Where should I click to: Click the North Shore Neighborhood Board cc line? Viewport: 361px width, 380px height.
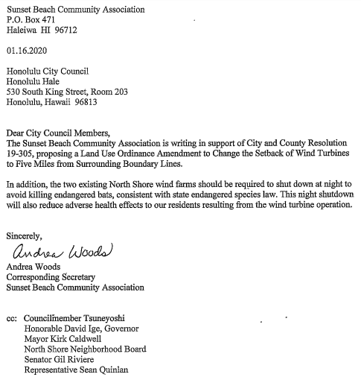click(85, 349)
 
